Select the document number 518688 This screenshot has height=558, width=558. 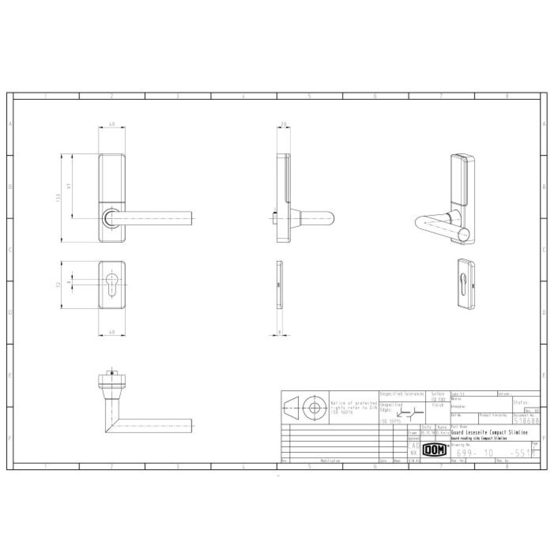pos(526,421)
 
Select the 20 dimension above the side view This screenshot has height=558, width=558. pos(283,124)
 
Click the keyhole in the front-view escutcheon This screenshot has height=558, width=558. pos(112,284)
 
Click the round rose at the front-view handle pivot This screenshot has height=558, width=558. pos(110,218)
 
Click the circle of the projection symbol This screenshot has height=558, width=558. pos(314,408)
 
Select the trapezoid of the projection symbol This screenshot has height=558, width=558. pos(292,408)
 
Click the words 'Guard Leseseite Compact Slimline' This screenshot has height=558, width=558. pos(489,433)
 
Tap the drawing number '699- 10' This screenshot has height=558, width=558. pos(475,453)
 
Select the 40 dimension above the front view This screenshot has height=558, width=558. pos(112,124)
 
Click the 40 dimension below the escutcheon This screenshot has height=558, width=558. pos(112,333)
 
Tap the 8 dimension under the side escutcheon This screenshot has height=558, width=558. pos(280,332)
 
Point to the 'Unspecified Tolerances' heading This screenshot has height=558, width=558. pos(402,394)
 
